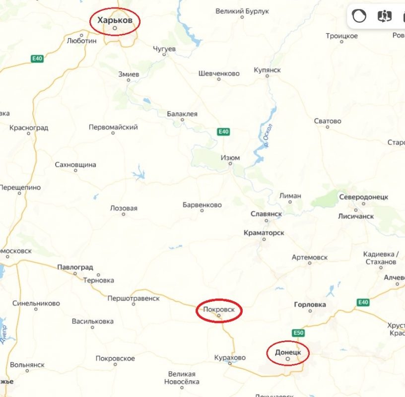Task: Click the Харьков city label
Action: coord(115,20)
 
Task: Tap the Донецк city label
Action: coord(287,352)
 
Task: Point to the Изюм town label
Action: coord(230,158)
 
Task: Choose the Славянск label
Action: coord(266,214)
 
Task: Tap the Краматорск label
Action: coord(264,232)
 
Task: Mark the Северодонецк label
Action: coord(363,197)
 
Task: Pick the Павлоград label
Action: coord(75,267)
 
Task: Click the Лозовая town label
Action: coord(124,208)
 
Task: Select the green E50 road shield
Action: coord(298,332)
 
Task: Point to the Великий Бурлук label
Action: coord(242,10)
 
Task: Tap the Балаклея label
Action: coord(182,114)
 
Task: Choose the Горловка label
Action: coord(310,304)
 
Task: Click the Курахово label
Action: coord(230,357)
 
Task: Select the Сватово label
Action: coord(328,121)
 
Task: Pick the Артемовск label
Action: coord(310,257)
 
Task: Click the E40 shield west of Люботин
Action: coord(37,59)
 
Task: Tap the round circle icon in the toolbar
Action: coord(359,16)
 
